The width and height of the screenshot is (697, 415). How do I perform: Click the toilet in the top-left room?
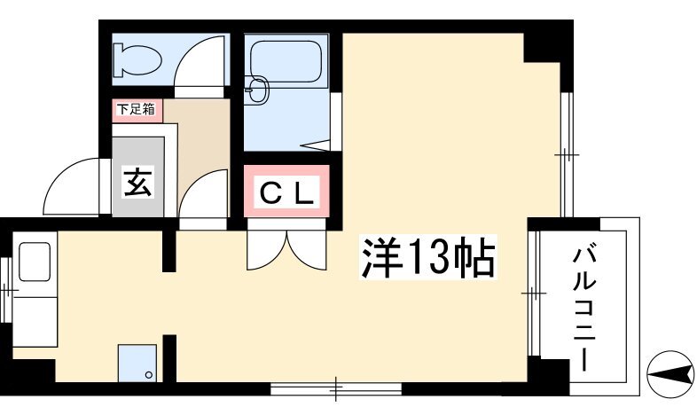[x=137, y=59]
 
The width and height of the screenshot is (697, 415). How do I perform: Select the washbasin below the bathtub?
[x=257, y=90]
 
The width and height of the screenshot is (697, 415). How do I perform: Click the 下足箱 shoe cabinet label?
[x=137, y=109]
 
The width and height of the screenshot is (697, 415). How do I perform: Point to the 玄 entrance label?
[x=137, y=182]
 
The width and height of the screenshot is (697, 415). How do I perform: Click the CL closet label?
[x=286, y=192]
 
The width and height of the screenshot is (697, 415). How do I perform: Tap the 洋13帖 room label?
[x=427, y=257]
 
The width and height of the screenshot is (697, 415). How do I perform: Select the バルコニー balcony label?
[x=584, y=309]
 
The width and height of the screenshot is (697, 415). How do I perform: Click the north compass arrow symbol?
[x=671, y=373]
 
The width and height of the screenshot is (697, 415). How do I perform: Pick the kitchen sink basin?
[x=35, y=262]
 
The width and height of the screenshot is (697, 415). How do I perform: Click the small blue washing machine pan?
[x=137, y=363]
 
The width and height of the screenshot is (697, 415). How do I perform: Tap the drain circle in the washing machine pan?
[x=149, y=375]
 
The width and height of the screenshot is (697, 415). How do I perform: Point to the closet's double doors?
[x=286, y=250]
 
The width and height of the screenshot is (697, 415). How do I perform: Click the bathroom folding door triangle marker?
[x=315, y=145]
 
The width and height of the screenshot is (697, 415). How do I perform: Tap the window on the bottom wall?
[x=336, y=388]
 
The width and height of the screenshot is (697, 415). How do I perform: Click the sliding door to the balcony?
[x=533, y=294]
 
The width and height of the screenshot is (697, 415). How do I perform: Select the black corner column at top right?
[x=548, y=48]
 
